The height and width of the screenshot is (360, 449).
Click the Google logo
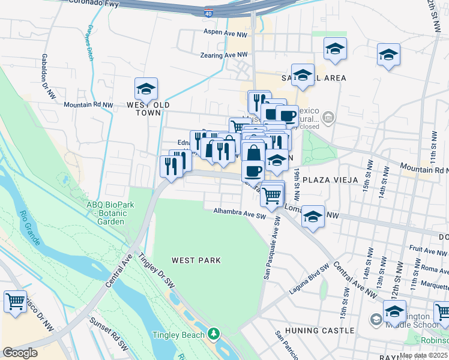coord(20,353)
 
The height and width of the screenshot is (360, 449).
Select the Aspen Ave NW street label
coord(226,31)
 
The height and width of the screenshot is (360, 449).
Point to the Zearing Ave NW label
coord(221,55)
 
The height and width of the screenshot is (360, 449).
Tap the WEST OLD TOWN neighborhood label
coord(145,109)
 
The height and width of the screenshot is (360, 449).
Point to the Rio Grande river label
coord(29,229)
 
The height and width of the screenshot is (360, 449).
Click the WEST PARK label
coord(196,260)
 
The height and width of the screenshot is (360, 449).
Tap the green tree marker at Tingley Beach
coord(214,333)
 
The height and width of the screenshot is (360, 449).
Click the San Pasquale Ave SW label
coord(271,248)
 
